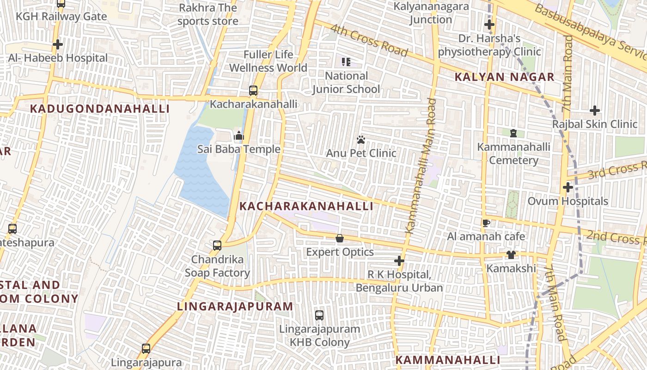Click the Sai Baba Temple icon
(x=238, y=136)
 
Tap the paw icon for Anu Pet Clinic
(x=361, y=139)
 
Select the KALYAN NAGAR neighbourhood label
(x=504, y=77)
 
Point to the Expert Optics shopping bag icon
(x=340, y=238)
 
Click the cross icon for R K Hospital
(x=399, y=261)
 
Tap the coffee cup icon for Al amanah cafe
(x=486, y=223)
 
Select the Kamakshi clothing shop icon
(x=511, y=255)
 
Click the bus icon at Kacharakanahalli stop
(x=253, y=91)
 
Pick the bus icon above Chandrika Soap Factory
(x=217, y=246)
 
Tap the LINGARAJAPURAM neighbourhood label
(x=235, y=306)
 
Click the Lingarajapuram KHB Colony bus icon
(x=319, y=315)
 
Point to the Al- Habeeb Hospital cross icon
(x=58, y=44)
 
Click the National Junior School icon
(x=346, y=62)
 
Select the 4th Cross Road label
(x=369, y=41)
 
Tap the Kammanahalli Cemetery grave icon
(x=513, y=133)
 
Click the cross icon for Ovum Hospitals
(x=568, y=187)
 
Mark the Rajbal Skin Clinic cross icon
(x=595, y=111)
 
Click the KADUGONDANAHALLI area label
(x=100, y=109)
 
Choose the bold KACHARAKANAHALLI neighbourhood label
(x=306, y=206)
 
